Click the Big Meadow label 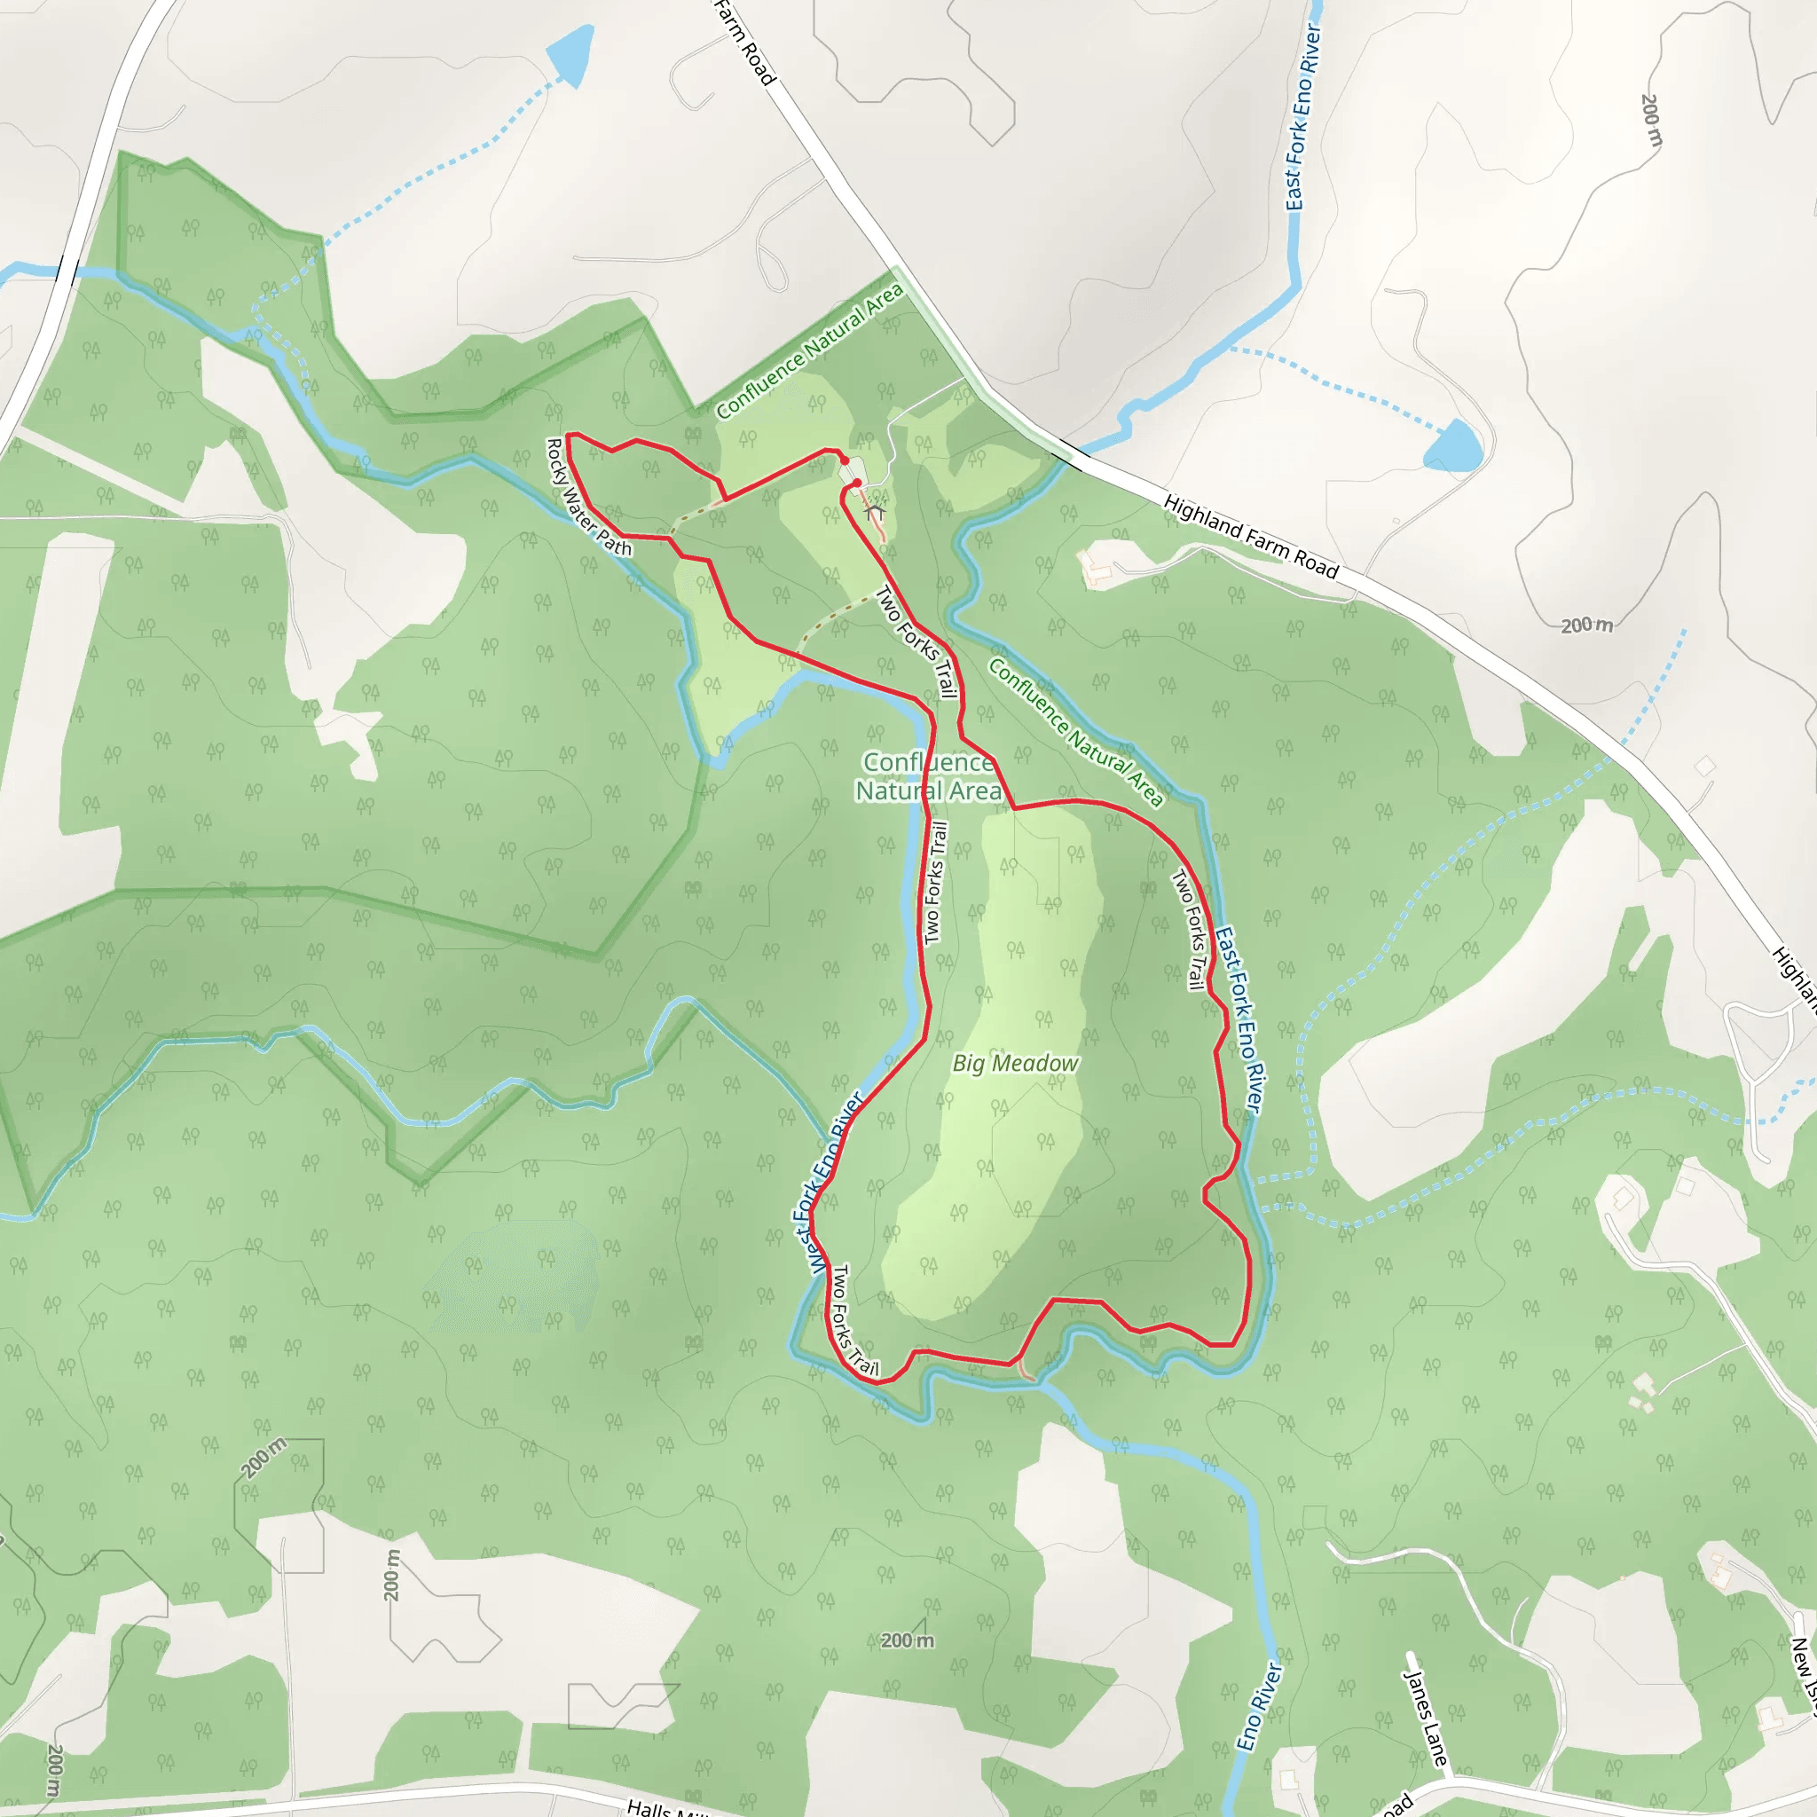(1016, 1063)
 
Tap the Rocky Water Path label (589, 497)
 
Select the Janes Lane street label (1425, 1717)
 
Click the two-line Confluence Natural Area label (927, 777)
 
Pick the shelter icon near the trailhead (875, 513)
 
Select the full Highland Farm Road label (1251, 536)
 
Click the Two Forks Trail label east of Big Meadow (1189, 929)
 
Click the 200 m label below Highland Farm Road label (1586, 625)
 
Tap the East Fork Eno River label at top (1303, 118)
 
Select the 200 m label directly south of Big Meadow (908, 1640)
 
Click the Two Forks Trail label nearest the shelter (917, 642)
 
